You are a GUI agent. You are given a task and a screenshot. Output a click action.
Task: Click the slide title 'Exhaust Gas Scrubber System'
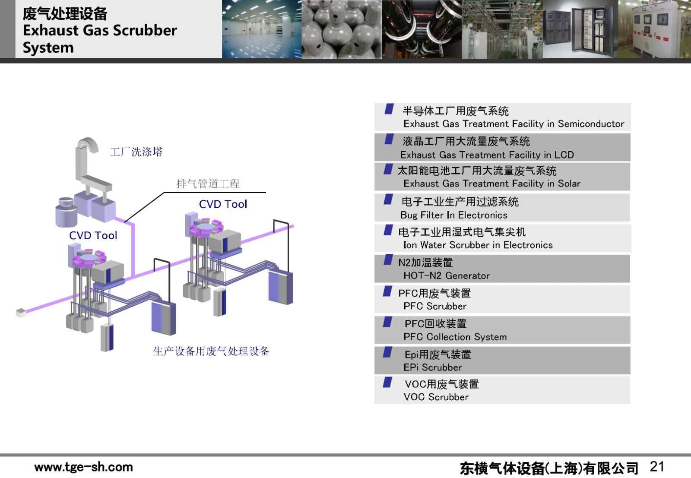tap(100, 38)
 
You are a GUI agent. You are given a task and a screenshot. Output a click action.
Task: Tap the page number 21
tap(657, 466)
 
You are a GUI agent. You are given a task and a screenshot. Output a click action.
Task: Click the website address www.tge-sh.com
tap(83, 467)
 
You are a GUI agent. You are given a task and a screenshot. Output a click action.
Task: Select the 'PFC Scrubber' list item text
tap(435, 306)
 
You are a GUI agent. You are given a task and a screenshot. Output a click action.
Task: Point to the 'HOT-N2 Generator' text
tap(447, 275)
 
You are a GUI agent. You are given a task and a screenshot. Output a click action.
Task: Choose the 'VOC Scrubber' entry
tap(436, 397)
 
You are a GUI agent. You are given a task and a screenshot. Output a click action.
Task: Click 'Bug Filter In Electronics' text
tap(454, 215)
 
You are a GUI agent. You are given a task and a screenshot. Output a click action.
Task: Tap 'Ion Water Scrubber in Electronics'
tap(478, 245)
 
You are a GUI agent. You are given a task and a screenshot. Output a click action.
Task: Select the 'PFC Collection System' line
tap(455, 337)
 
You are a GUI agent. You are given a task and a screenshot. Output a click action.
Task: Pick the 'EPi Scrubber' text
tap(432, 367)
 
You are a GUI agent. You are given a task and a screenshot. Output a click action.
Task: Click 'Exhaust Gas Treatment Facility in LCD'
tap(487, 155)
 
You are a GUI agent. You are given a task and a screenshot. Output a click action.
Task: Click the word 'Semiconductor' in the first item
tap(591, 124)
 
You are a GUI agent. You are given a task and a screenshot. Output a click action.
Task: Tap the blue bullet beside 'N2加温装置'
tap(388, 260)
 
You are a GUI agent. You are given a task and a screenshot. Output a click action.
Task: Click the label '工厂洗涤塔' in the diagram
tap(136, 152)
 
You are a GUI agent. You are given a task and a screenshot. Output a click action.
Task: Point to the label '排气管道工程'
tap(208, 184)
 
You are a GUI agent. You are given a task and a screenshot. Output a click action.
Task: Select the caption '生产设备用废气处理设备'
tap(211, 351)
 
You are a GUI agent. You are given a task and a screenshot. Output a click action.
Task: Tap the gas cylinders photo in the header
tap(342, 29)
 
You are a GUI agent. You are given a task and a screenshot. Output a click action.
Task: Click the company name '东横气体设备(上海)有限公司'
tap(549, 468)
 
